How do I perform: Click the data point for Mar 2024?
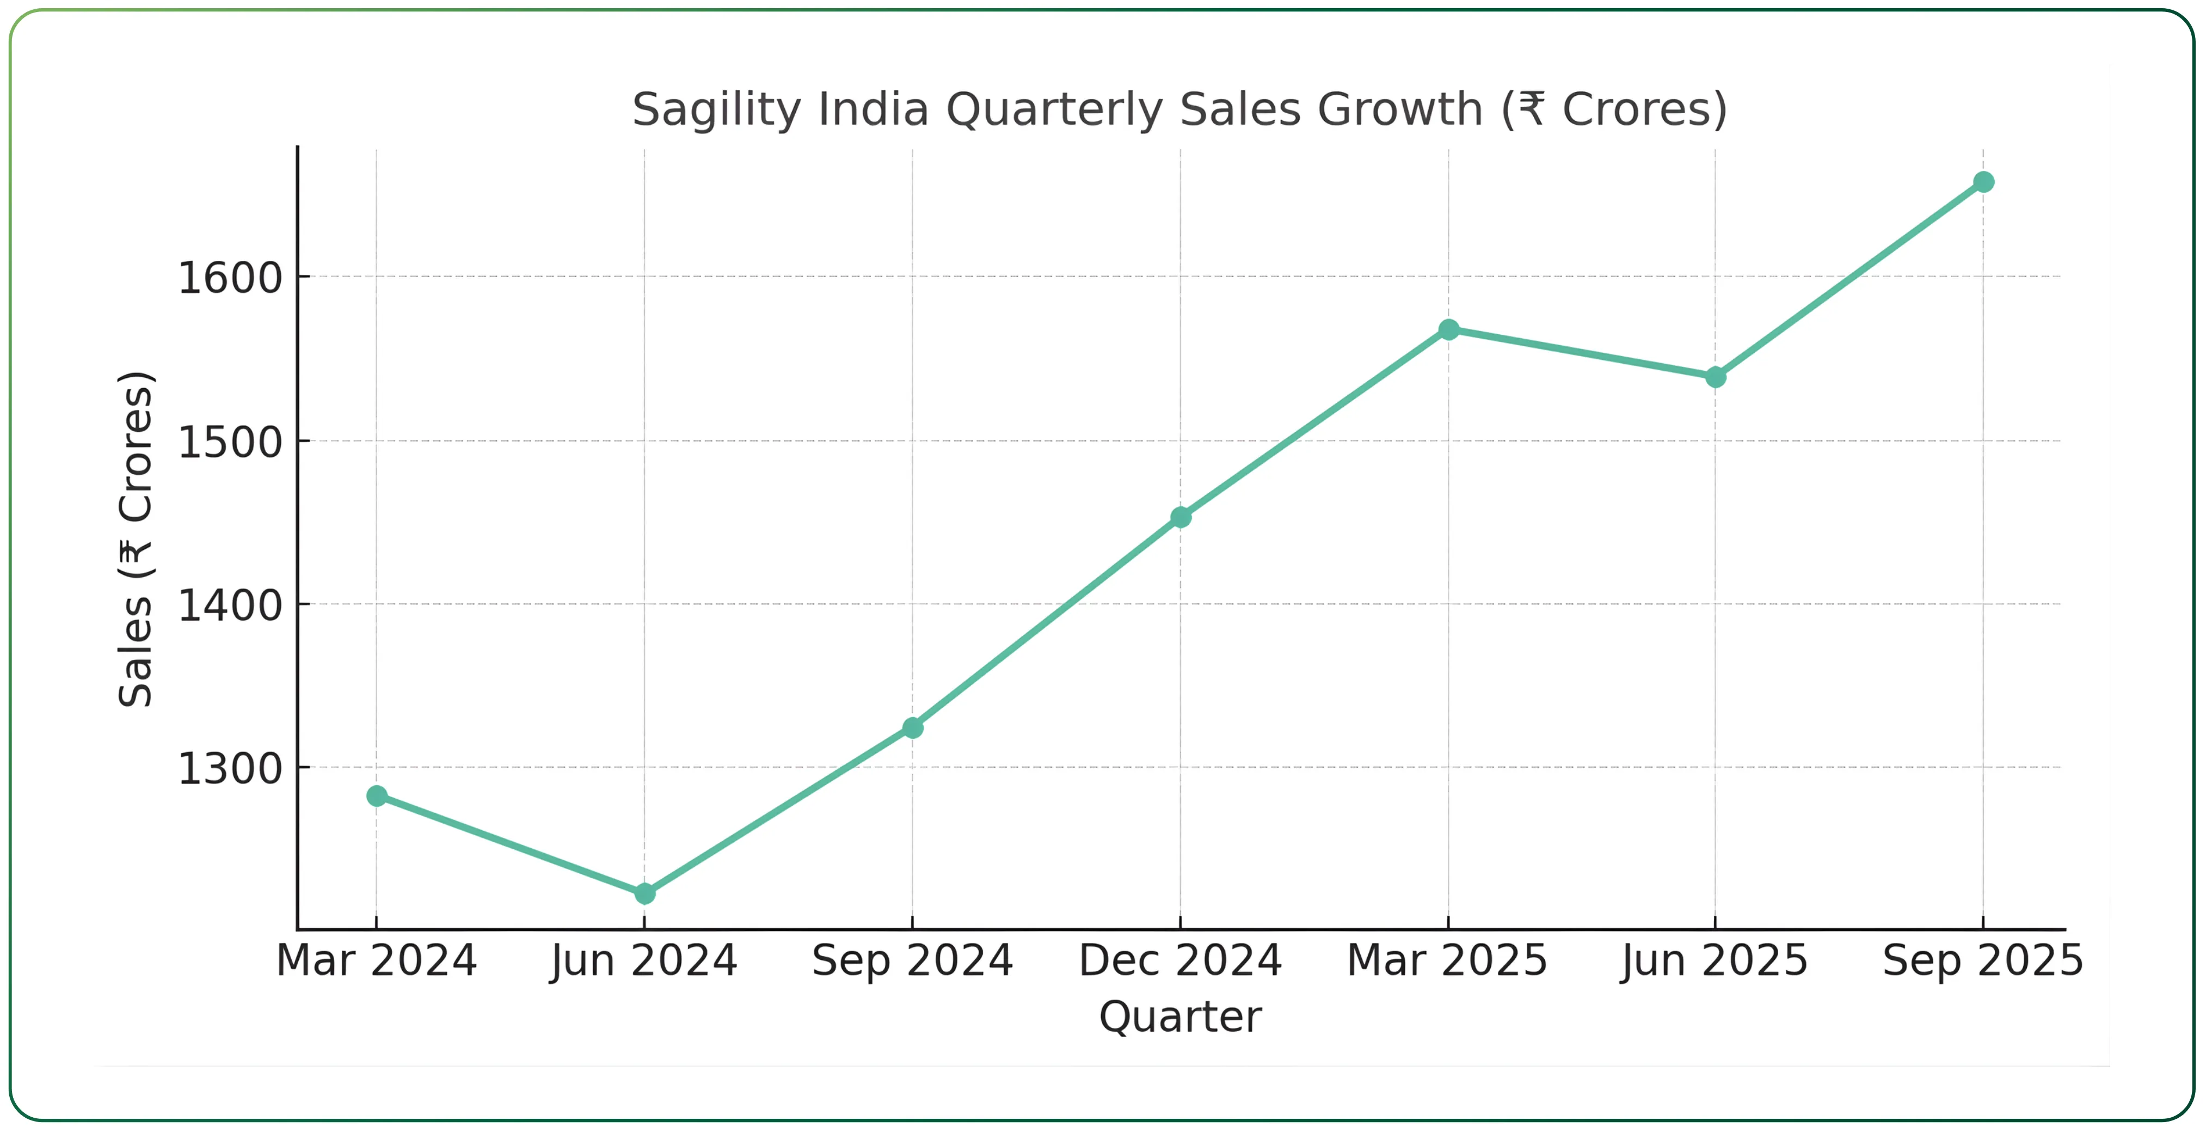[x=377, y=797]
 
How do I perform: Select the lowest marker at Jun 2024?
[x=645, y=893]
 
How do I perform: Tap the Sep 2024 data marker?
[x=913, y=728]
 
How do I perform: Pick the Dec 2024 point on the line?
[x=1181, y=517]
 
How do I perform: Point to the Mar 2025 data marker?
[x=1449, y=330]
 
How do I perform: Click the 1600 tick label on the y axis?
[x=230, y=278]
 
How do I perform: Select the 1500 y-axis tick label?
[x=230, y=443]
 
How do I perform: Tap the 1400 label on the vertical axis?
[x=230, y=605]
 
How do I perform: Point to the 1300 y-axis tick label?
[x=230, y=769]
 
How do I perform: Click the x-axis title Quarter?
[x=1181, y=1018]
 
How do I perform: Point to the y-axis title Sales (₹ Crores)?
[x=136, y=540]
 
